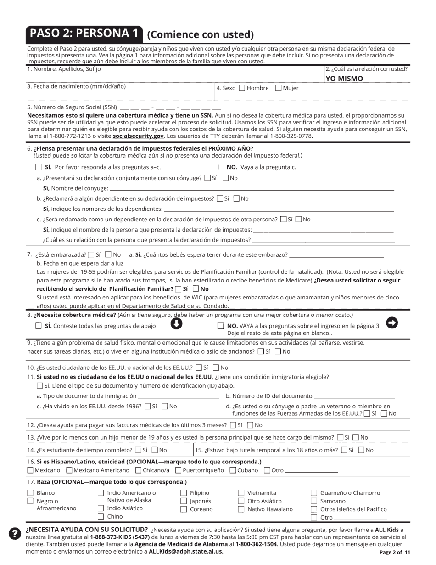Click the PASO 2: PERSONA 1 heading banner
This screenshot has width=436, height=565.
click(x=84, y=34)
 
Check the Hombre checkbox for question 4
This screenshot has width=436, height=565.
click(x=242, y=88)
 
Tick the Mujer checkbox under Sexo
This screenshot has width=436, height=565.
click(x=278, y=88)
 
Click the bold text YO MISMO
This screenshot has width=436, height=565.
click(x=344, y=79)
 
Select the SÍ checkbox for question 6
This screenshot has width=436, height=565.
click(x=39, y=167)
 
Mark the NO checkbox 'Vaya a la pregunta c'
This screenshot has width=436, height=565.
click(x=221, y=167)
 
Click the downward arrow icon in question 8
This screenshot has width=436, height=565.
click(x=177, y=324)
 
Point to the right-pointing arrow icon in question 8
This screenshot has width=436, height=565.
click(x=392, y=323)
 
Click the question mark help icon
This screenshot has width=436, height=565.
click(x=15, y=533)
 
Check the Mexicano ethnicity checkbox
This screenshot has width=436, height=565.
click(x=30, y=470)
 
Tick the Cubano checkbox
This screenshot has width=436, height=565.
click(x=233, y=470)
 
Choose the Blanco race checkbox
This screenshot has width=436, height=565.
click(x=31, y=493)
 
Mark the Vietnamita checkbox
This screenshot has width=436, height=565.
click(x=241, y=493)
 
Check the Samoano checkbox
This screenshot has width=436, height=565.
click(x=314, y=501)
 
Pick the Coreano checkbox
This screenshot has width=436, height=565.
click(x=184, y=509)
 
